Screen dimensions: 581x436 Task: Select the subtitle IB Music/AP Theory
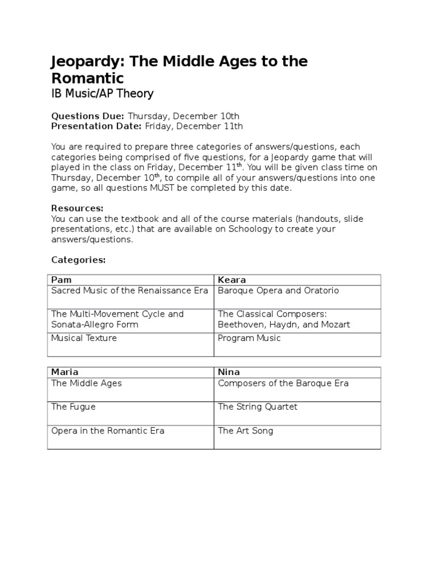pos(102,94)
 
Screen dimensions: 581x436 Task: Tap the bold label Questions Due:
pos(87,116)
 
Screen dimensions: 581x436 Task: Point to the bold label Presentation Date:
pos(97,126)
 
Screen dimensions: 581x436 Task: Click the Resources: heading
pos(77,208)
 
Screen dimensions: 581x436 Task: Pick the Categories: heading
pos(78,259)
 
